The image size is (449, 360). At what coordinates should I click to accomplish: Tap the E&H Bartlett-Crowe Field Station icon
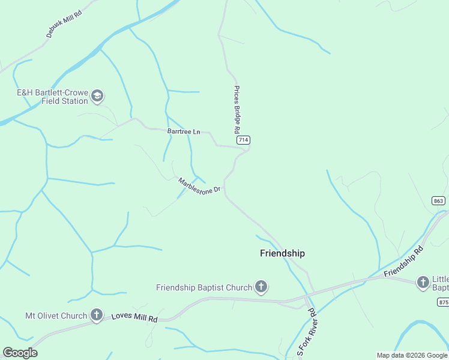(97, 96)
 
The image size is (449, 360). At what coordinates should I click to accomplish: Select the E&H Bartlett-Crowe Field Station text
(52, 97)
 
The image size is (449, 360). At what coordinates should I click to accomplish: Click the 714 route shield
(243, 140)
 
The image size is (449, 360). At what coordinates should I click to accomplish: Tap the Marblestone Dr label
(200, 188)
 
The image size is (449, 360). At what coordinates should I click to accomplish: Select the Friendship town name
(282, 253)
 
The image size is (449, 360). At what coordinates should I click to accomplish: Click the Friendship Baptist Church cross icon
(261, 287)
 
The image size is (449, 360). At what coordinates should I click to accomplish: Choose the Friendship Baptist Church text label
(203, 287)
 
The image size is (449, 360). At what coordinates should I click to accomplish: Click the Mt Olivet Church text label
(56, 316)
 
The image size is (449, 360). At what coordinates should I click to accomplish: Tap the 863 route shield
(438, 200)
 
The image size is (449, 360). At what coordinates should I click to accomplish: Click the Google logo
(20, 353)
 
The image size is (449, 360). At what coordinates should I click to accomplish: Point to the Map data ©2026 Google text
(411, 355)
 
